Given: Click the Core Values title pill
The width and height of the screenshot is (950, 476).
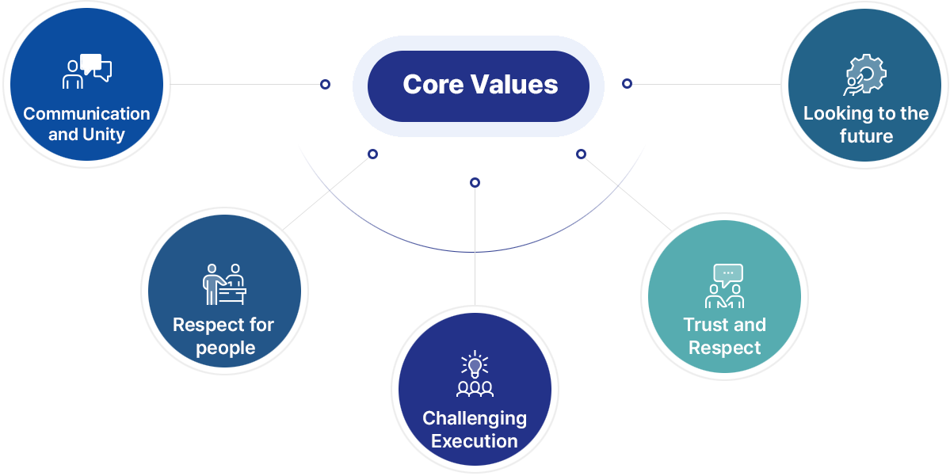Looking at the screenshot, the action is point(478,86).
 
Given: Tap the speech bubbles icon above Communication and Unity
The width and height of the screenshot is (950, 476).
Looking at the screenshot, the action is point(88,71).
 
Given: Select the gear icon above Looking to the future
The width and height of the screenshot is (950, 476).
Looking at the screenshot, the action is point(865,74).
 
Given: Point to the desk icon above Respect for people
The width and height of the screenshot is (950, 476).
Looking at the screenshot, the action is point(224,284).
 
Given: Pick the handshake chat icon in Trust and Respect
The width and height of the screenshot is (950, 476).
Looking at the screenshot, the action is point(725,286).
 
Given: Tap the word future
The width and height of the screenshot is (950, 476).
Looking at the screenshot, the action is point(866,135).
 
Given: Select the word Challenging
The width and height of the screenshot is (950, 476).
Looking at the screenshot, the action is point(475,418).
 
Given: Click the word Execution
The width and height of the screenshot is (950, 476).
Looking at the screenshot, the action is point(475,441).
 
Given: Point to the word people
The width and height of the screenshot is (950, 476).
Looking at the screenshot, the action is point(225,348).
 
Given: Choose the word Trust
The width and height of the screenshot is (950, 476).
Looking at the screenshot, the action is point(704,325).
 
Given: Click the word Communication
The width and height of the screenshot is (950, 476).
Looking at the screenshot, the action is point(86,114).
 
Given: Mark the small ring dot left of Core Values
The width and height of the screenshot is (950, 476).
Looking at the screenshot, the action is point(326,84).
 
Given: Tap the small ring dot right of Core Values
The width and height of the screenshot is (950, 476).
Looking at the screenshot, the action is point(627,84).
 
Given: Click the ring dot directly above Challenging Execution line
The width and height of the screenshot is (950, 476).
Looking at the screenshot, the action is point(475,182).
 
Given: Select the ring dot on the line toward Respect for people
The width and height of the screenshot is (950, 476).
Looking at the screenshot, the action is point(372,154).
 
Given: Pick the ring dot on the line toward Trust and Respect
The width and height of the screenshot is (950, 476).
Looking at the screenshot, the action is point(581,154).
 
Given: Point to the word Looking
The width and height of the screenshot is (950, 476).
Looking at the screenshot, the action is point(834,115).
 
